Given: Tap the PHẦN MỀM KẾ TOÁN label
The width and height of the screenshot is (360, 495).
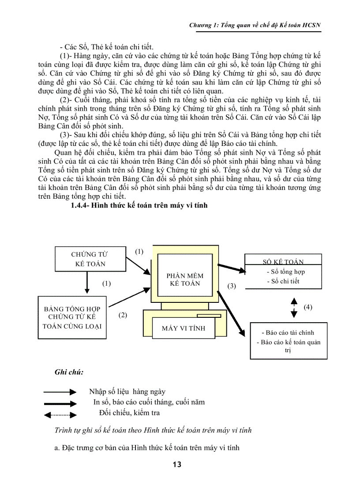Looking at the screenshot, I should [185, 279].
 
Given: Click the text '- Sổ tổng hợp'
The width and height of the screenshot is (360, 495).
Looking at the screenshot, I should [286, 272].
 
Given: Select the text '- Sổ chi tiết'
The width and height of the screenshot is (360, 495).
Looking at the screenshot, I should [284, 281].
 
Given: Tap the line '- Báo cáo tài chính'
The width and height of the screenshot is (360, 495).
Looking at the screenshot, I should [288, 333].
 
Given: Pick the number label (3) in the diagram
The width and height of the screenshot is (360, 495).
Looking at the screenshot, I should [232, 286].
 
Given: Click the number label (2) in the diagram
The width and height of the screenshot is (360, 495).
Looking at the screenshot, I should [123, 315].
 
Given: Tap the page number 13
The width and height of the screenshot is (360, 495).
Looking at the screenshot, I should [177, 464].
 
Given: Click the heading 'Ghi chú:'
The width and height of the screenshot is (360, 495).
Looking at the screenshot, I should [69, 372].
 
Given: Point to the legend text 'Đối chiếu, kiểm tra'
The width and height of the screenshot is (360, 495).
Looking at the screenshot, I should [129, 413].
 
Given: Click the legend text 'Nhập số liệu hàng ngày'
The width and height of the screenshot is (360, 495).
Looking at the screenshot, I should [127, 391].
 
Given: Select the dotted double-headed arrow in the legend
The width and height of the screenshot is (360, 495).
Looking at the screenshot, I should [60, 414].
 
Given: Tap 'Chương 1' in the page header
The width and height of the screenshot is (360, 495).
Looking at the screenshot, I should [202, 25].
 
